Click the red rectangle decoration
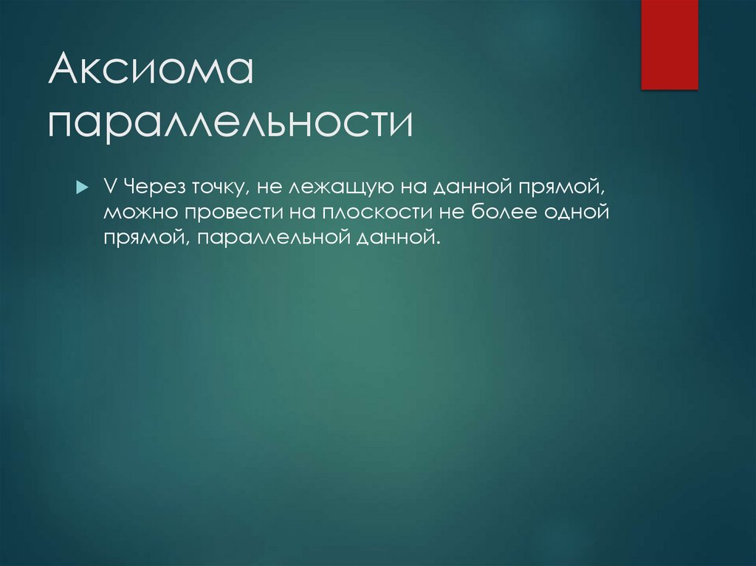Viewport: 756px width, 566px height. (x=669, y=44)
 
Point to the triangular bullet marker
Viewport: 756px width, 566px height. (x=82, y=188)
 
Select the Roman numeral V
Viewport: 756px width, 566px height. (x=109, y=187)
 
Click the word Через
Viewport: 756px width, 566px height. (x=145, y=188)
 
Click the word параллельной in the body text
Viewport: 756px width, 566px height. (x=290, y=238)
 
